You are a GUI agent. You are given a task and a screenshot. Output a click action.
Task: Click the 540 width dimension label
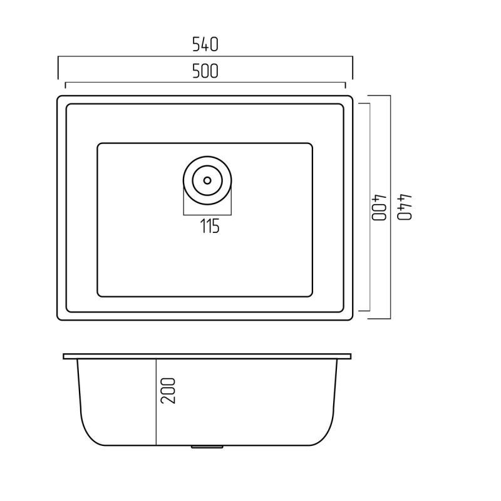click(205, 44)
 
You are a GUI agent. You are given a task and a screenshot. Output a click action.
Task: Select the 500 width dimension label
click(205, 71)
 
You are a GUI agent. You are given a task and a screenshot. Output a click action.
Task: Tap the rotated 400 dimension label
click(380, 207)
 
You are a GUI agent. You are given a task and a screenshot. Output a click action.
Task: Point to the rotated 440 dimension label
click(405, 207)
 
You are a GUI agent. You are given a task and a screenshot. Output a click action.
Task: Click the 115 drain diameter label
click(210, 226)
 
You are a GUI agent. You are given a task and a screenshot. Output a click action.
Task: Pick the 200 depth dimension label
click(168, 391)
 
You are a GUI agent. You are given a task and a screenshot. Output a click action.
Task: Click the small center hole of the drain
click(207, 180)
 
